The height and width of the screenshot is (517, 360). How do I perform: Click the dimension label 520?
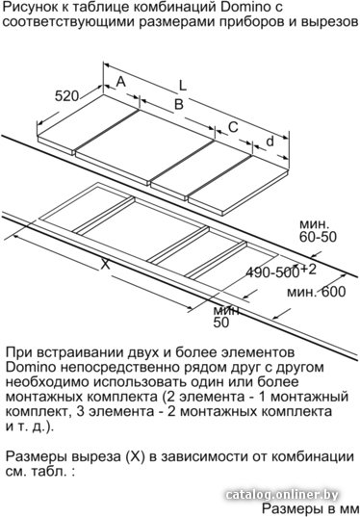coord(67,96)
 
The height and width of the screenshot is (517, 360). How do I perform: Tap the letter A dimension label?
coord(121,81)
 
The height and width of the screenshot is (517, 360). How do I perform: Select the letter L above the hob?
coord(183,86)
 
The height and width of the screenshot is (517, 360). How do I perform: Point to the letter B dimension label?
coord(179,104)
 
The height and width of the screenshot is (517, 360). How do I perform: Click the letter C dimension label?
coord(233,127)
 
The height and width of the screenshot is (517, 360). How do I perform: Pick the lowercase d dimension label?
coord(270,141)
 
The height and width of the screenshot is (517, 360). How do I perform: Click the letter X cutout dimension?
coord(105,264)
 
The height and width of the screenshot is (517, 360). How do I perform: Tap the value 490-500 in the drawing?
coord(273,272)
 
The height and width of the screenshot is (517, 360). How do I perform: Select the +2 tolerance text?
coord(309,270)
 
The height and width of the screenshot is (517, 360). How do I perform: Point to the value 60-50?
coord(319,237)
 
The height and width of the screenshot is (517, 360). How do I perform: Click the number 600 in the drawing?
coord(333,292)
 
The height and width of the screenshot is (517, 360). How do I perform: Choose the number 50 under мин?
coord(220,323)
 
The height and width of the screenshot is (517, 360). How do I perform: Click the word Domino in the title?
coord(242,7)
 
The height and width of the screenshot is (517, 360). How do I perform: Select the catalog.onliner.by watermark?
coord(283,495)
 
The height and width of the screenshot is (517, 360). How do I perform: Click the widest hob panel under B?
coord(144,146)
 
